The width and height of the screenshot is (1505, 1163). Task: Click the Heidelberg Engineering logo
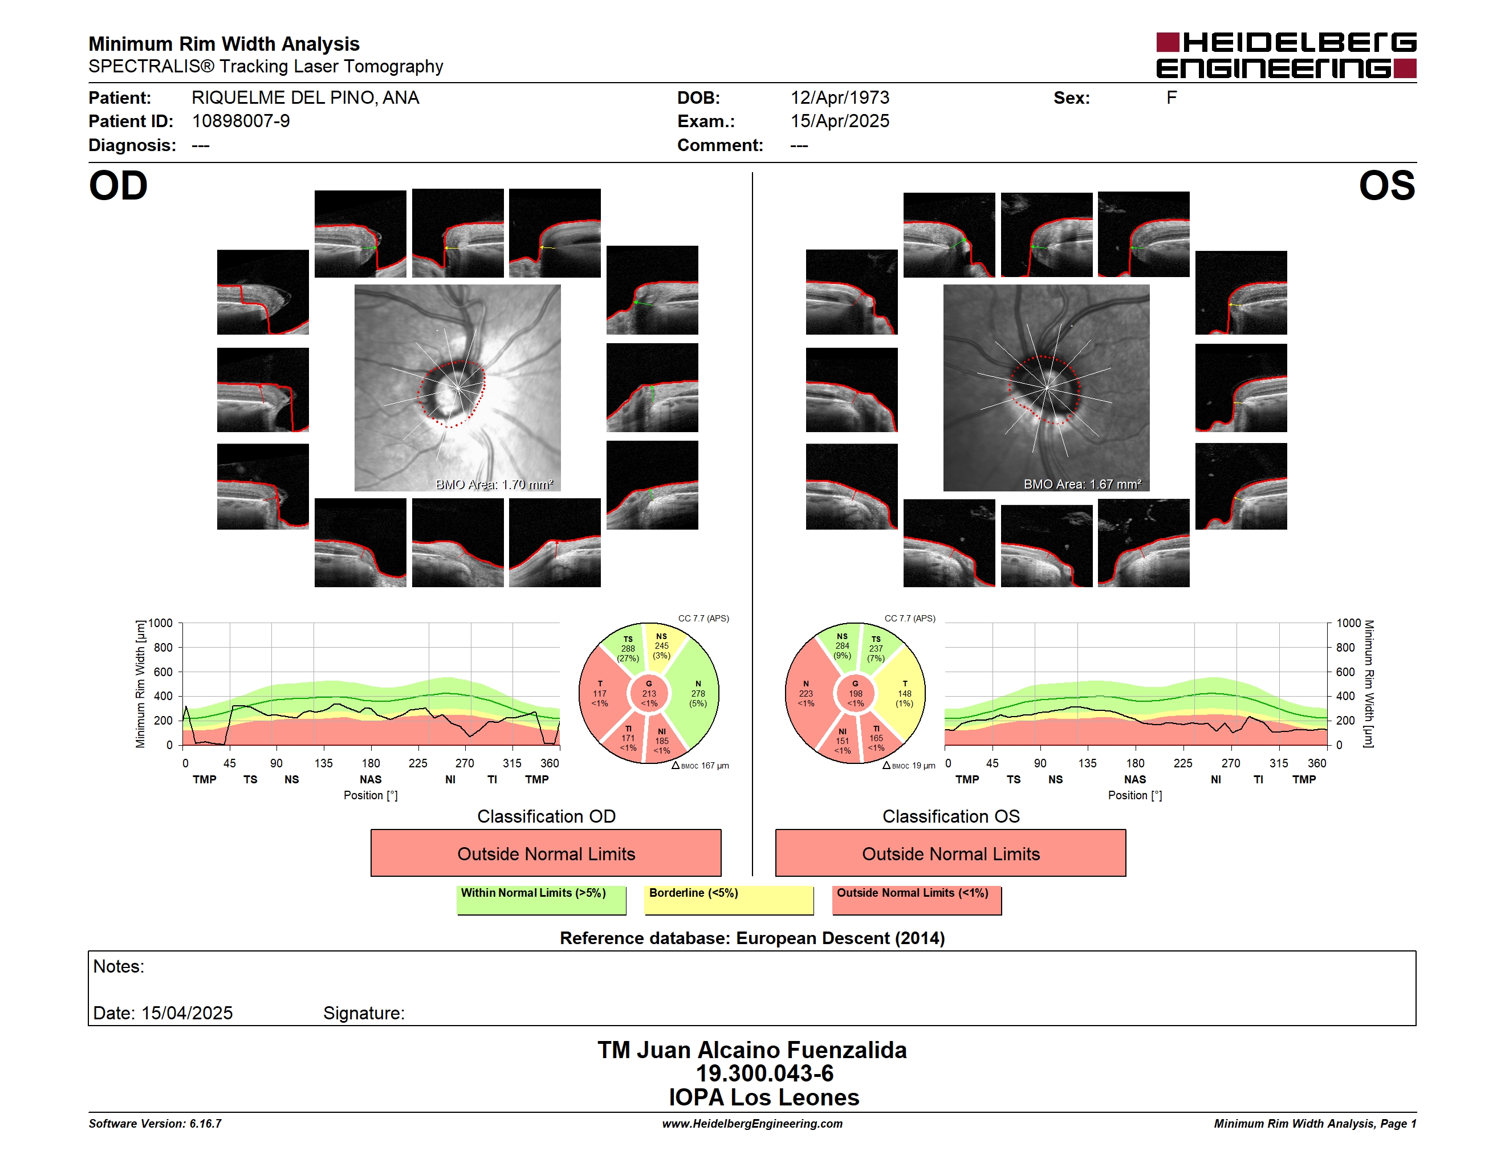coord(1286,55)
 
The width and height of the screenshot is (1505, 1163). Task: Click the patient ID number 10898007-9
coord(241,121)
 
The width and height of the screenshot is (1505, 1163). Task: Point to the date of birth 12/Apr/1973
coord(839,98)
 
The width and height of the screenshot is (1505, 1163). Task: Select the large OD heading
coord(118,185)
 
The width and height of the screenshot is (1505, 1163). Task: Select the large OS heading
coord(1386,185)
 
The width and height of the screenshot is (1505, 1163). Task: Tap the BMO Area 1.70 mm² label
coord(494,485)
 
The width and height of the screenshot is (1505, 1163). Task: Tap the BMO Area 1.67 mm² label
coord(1082,485)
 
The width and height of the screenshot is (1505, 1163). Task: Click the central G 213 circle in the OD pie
coord(649,694)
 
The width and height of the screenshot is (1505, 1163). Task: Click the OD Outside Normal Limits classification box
coord(546,853)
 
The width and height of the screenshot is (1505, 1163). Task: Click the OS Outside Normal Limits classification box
coord(950,853)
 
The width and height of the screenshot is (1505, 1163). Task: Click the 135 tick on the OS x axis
coord(1087,763)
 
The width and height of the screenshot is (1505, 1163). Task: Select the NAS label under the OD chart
coord(371,779)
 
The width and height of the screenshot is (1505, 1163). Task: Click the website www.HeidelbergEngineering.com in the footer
coord(752,1124)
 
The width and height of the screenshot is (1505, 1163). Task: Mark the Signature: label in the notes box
coord(364,1013)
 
